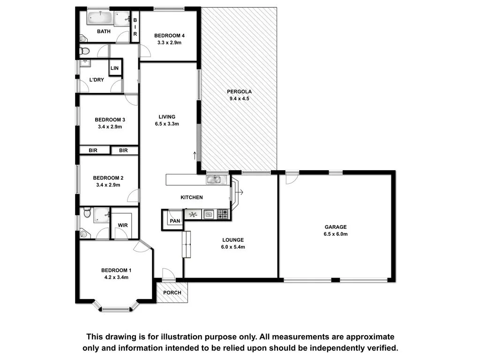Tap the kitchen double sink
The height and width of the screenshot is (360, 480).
tap(217, 179)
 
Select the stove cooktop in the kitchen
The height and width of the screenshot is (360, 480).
tap(223, 215)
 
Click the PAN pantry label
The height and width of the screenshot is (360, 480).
tap(175, 221)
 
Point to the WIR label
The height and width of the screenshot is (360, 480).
tap(123, 225)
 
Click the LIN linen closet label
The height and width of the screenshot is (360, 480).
tap(115, 68)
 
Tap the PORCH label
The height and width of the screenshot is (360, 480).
tap(172, 292)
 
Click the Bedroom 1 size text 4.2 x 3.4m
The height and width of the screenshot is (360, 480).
tap(116, 277)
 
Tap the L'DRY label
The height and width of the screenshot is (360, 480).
tap(97, 80)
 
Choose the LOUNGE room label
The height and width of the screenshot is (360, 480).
tap(233, 240)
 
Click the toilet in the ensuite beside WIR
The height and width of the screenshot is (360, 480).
tap(86, 214)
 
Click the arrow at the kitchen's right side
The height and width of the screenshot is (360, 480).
tap(240, 192)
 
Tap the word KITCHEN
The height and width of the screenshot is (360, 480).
tap(192, 197)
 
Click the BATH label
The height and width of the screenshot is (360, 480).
tap(104, 32)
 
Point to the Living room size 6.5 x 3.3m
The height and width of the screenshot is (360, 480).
tap(167, 124)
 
